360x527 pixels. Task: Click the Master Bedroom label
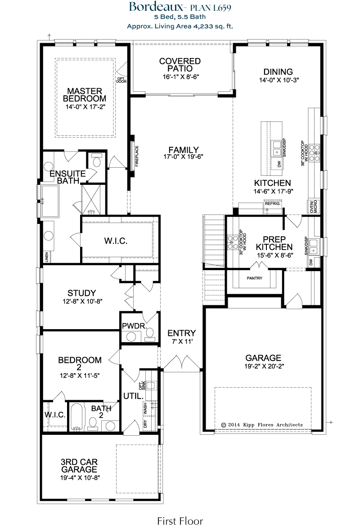pyautogui.click(x=85, y=95)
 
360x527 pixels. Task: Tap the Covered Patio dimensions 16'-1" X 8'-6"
pyautogui.click(x=180, y=76)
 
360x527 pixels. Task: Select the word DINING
pyautogui.click(x=278, y=71)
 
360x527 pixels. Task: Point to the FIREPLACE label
pyautogui.click(x=137, y=156)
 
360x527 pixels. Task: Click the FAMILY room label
pyautogui.click(x=184, y=150)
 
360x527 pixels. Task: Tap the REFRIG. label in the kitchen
pyautogui.click(x=273, y=204)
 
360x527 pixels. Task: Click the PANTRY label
pyautogui.click(x=254, y=278)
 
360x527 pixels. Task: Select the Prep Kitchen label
pyautogui.click(x=274, y=243)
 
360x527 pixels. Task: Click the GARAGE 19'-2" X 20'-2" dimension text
pyautogui.click(x=264, y=366)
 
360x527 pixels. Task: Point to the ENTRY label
pyautogui.click(x=182, y=333)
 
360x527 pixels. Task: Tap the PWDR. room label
pyautogui.click(x=134, y=326)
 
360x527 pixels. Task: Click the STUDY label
pyautogui.click(x=82, y=293)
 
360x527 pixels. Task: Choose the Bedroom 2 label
pyautogui.click(x=80, y=364)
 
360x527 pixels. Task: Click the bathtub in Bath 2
pyautogui.click(x=76, y=417)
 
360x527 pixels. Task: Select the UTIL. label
pyautogui.click(x=134, y=396)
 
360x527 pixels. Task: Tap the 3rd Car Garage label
pyautogui.click(x=79, y=466)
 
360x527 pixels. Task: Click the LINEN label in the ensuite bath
pyautogui.click(x=47, y=257)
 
